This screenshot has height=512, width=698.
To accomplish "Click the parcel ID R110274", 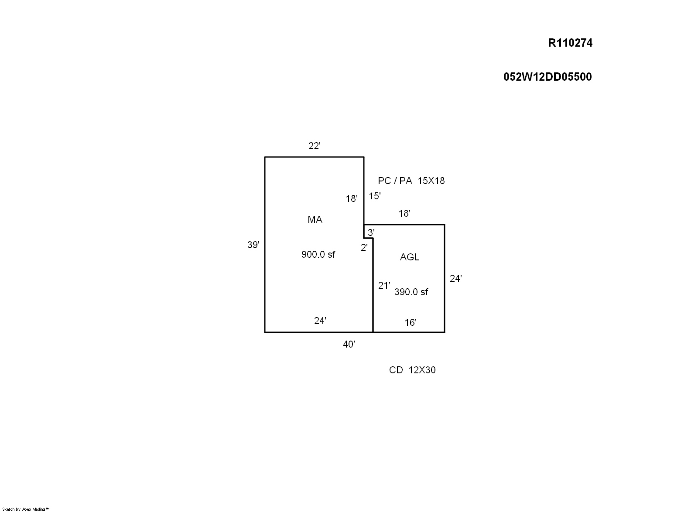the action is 570,43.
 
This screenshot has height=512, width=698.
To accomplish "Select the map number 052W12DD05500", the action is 547,77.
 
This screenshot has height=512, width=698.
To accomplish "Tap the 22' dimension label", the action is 315,146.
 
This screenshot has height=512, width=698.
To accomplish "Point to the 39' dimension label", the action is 253,245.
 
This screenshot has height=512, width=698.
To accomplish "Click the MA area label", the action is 315,219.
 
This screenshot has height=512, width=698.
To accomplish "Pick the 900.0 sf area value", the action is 318,254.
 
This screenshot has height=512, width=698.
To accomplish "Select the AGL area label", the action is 409,257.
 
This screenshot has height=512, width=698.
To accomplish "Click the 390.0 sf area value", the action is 411,292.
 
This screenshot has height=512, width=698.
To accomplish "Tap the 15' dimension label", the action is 375,196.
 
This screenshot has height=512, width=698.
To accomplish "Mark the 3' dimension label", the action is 371,232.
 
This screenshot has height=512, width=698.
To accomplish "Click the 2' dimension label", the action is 364,247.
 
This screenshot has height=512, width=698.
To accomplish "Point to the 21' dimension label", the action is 384,285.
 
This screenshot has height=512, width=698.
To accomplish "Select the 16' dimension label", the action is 411,322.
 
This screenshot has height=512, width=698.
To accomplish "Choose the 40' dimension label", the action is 349,344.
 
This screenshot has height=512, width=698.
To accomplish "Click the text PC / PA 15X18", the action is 411,181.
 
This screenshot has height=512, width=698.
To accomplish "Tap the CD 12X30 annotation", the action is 412,370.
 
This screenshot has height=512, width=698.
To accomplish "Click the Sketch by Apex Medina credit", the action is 26,509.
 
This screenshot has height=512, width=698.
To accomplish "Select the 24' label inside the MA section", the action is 320,321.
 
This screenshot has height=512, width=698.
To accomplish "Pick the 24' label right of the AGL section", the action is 455,278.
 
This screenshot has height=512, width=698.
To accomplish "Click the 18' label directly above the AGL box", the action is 404,213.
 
